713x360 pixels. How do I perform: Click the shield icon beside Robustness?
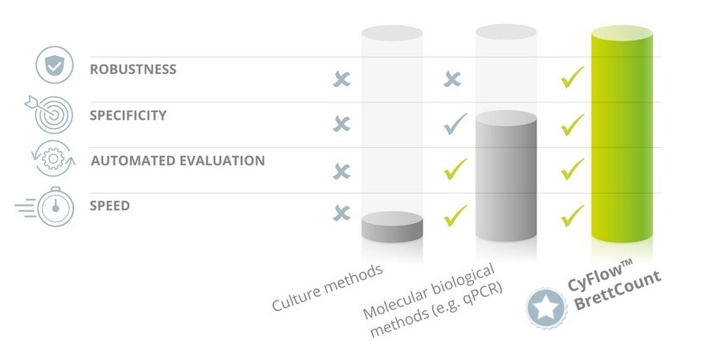pos(53,66)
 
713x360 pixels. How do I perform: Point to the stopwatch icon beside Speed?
pos(54,208)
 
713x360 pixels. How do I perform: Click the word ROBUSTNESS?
pos(133,70)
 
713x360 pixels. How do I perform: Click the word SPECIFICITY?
pos(128,115)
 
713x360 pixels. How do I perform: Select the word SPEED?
pos(110,206)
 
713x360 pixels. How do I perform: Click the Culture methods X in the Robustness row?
pos(342,80)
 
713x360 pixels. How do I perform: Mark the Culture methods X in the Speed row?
pos(342,212)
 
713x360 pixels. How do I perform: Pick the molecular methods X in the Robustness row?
pos(452,80)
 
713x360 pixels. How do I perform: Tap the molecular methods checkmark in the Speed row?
pos(455,214)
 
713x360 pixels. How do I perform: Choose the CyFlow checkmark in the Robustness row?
pos(572,79)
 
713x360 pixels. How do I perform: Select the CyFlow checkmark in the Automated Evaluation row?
pos(572,169)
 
